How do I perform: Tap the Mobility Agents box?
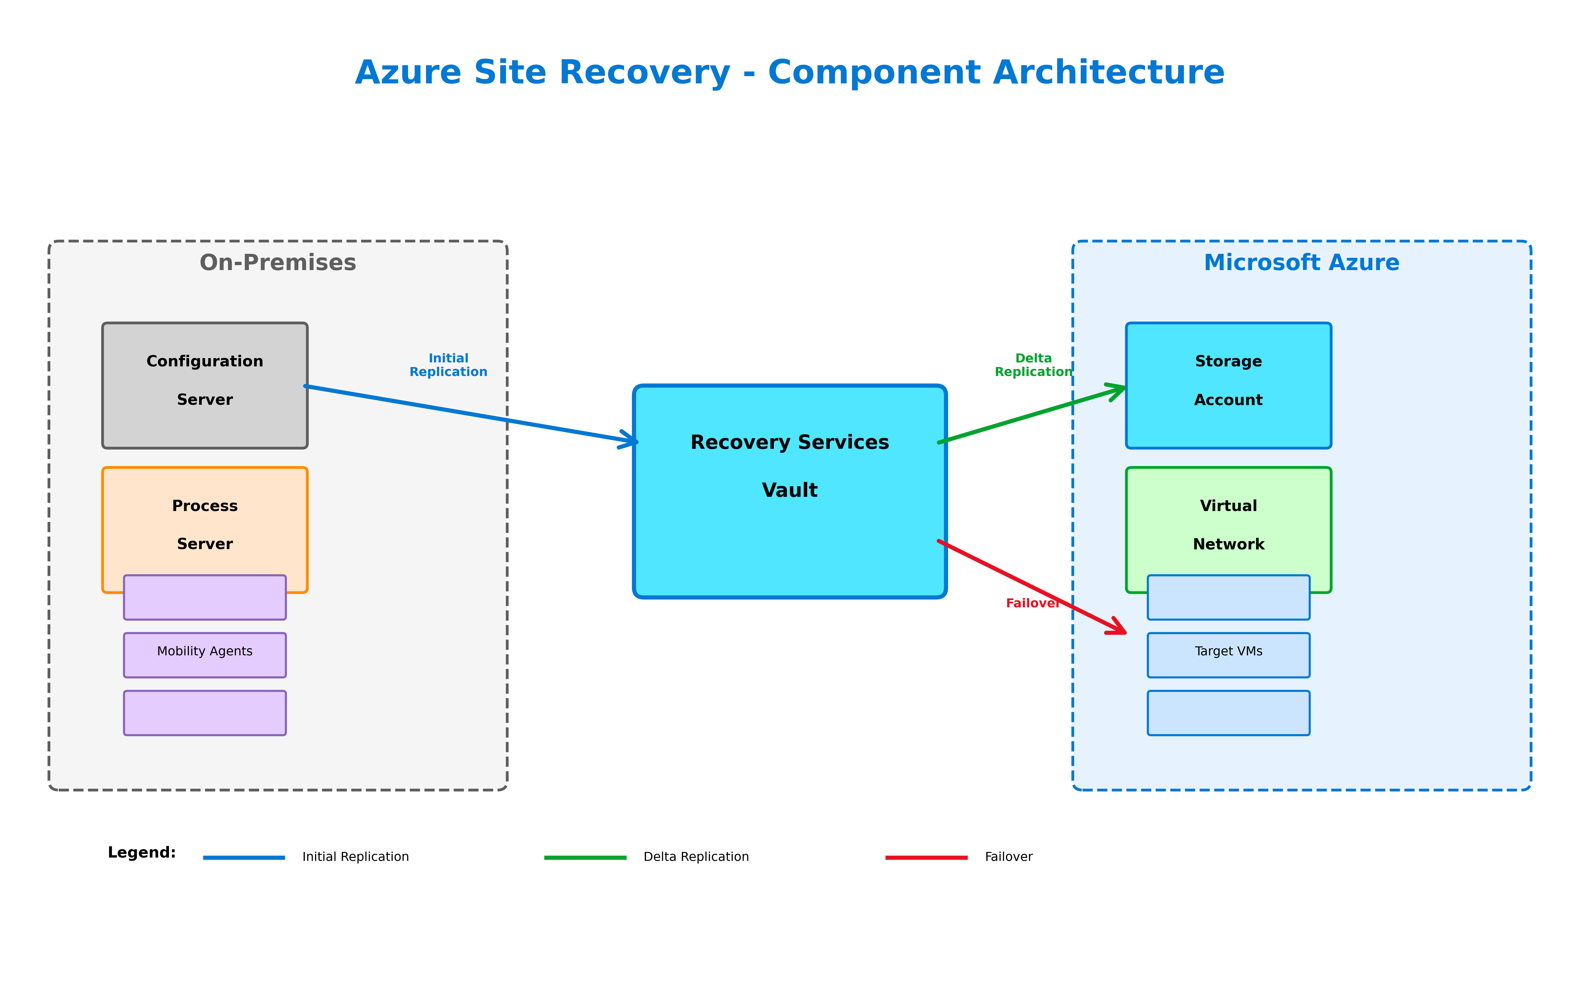click(205, 655)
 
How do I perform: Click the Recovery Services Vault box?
click(790, 491)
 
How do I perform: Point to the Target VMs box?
click(1228, 655)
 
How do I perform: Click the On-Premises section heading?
click(278, 263)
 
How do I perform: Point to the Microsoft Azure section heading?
click(1301, 263)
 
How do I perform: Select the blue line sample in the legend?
click(244, 858)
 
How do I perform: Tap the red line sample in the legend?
click(926, 858)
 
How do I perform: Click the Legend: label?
click(142, 852)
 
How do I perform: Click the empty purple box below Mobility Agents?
click(205, 713)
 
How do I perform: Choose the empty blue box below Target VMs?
click(1228, 713)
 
